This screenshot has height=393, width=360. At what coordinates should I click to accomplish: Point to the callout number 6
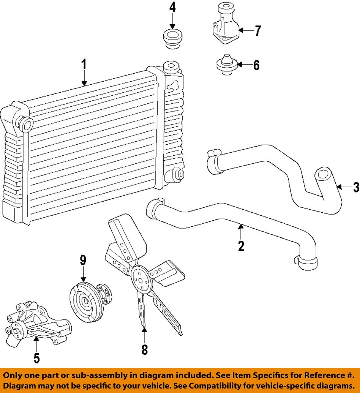click(x=256, y=65)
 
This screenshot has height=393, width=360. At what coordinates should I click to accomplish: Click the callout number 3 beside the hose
click(x=355, y=187)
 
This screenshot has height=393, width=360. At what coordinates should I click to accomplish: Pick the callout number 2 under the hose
click(x=241, y=246)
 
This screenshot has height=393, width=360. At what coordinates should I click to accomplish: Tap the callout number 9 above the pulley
click(x=83, y=261)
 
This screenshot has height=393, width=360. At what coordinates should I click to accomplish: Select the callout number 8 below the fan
click(x=145, y=349)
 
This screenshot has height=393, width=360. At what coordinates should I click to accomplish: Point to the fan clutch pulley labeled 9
click(x=86, y=302)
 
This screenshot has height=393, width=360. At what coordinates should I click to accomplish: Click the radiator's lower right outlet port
click(x=178, y=174)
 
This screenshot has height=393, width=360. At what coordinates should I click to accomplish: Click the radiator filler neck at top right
click(x=170, y=68)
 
